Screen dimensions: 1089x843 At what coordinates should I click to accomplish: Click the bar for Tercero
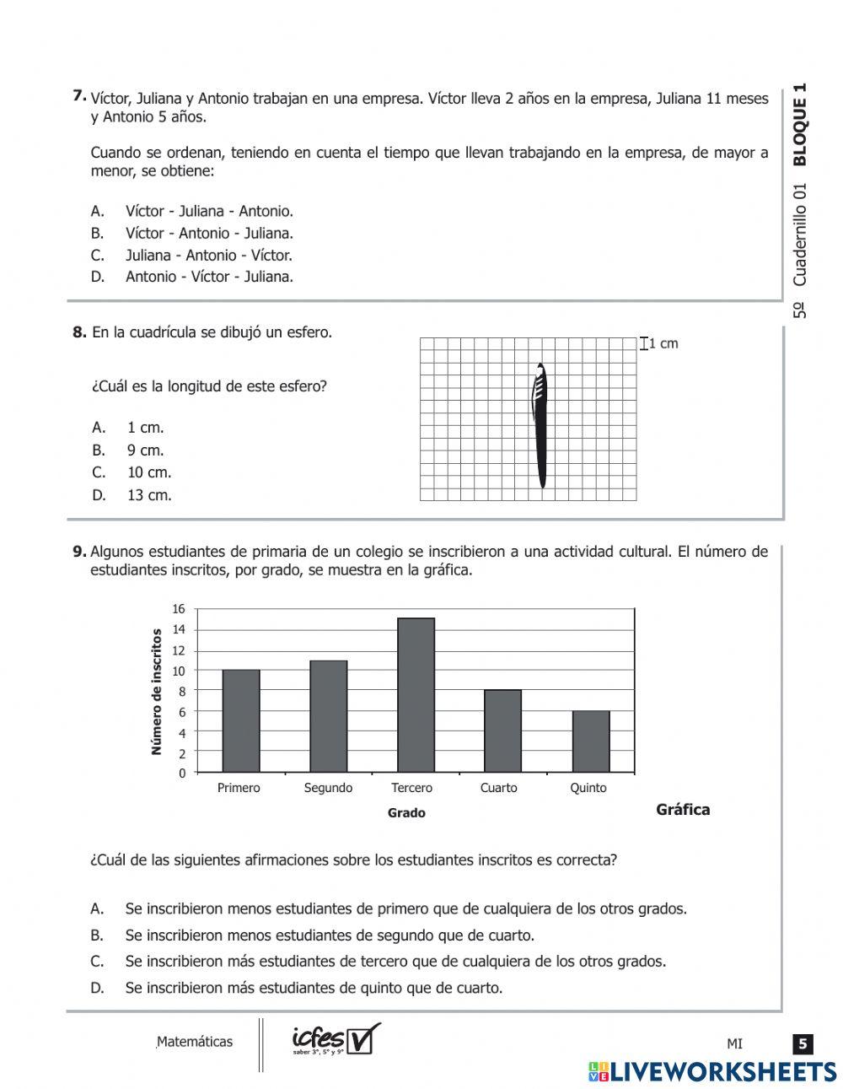[x=416, y=695]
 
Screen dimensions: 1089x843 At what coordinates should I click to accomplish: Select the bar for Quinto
[x=590, y=741]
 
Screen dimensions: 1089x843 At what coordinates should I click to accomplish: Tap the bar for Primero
[x=240, y=720]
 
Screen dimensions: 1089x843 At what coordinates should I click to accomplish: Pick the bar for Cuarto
[x=502, y=730]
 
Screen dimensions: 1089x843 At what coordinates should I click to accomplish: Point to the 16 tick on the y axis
[x=178, y=609]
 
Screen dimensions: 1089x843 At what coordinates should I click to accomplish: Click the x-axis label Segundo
[x=328, y=788]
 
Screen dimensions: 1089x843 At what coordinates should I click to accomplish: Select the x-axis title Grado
[x=406, y=813]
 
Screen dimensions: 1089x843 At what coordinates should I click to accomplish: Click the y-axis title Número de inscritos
[x=157, y=691]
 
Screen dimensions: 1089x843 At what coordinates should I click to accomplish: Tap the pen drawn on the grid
[x=540, y=426]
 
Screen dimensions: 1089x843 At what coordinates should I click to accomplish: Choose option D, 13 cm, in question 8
[x=148, y=495]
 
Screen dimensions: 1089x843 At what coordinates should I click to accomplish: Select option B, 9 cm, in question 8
[x=145, y=450]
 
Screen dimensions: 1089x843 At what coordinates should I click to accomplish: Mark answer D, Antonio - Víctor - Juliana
[x=209, y=277]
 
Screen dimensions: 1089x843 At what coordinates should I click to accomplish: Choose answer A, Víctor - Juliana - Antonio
[x=209, y=211]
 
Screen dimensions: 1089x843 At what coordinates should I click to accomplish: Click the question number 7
[x=79, y=96]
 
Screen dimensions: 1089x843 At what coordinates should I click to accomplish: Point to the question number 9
[x=79, y=552]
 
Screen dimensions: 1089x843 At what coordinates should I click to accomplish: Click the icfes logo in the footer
[x=335, y=1039]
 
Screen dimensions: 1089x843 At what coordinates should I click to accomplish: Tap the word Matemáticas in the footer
[x=195, y=1042]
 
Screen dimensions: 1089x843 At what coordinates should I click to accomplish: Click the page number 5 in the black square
[x=803, y=1044]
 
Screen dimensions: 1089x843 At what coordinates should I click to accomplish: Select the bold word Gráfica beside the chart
[x=683, y=810]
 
